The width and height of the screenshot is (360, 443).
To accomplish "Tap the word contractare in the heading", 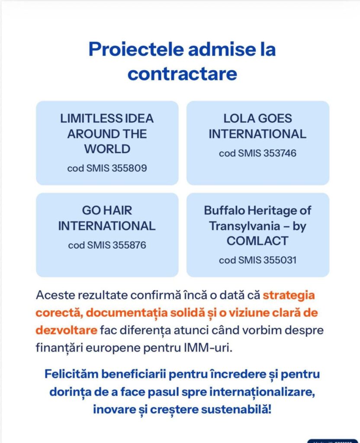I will (x=182, y=74).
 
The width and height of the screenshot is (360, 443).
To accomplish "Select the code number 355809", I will (x=129, y=168).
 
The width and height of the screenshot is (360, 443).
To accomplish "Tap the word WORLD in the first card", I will (x=107, y=149).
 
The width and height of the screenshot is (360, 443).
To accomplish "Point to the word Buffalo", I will (x=222, y=211).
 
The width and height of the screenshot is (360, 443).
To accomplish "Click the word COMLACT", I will (x=257, y=241).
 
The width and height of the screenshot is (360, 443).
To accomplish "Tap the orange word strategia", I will (x=289, y=296).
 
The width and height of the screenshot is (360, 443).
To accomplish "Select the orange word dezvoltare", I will (x=66, y=331).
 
